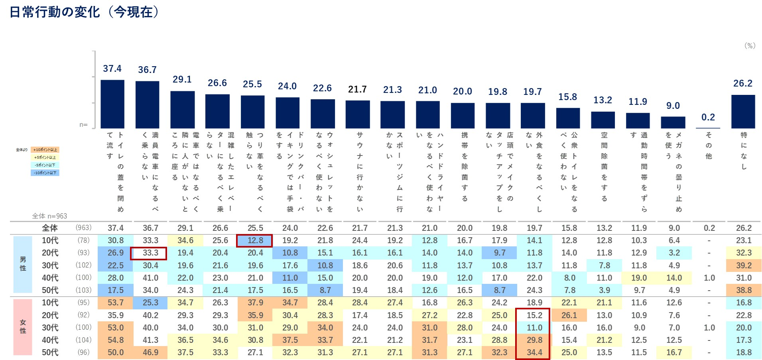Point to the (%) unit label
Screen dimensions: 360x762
(x=750, y=45)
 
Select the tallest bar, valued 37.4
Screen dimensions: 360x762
(x=112, y=104)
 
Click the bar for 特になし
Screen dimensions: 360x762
(x=743, y=112)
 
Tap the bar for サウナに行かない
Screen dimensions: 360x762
(x=358, y=114)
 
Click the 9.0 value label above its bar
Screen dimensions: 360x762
(x=673, y=106)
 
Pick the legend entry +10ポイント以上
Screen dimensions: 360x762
(x=45, y=150)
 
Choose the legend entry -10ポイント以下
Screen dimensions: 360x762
(x=45, y=173)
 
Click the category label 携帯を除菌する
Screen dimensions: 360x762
(x=465, y=167)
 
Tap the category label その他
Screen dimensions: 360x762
(x=709, y=146)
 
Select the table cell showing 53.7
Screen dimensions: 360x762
(x=116, y=303)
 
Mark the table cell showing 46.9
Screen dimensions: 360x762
(x=150, y=352)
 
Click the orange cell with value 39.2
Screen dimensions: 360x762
(x=744, y=266)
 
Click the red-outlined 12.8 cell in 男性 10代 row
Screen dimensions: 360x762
(x=255, y=240)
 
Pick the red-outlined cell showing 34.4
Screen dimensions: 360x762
(x=534, y=352)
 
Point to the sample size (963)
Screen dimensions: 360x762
(x=84, y=228)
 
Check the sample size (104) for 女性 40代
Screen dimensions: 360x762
(x=84, y=340)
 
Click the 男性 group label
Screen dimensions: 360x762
(x=23, y=264)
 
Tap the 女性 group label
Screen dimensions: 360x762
(x=23, y=327)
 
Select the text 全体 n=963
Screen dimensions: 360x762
(x=49, y=216)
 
